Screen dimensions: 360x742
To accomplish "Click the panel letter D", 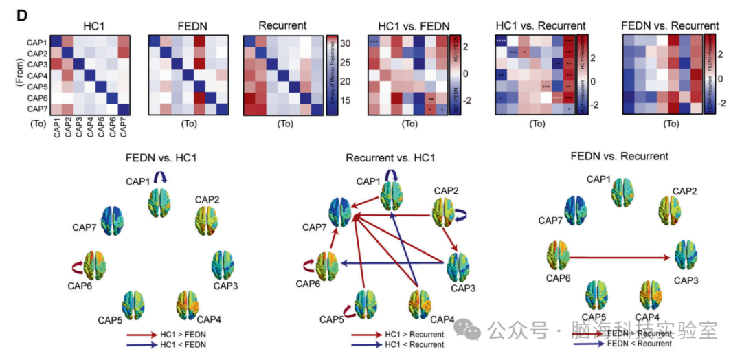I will point(20,14).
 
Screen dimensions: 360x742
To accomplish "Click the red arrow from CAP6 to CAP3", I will point(618,258).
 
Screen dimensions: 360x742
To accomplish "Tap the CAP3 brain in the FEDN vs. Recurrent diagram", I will point(687,256).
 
